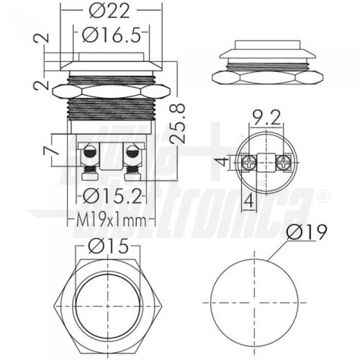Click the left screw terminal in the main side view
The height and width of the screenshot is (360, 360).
(89, 153)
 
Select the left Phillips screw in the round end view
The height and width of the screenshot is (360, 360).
(248, 164)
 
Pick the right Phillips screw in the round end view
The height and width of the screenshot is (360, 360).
(283, 164)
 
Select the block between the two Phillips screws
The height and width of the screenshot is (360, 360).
(266, 164)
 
